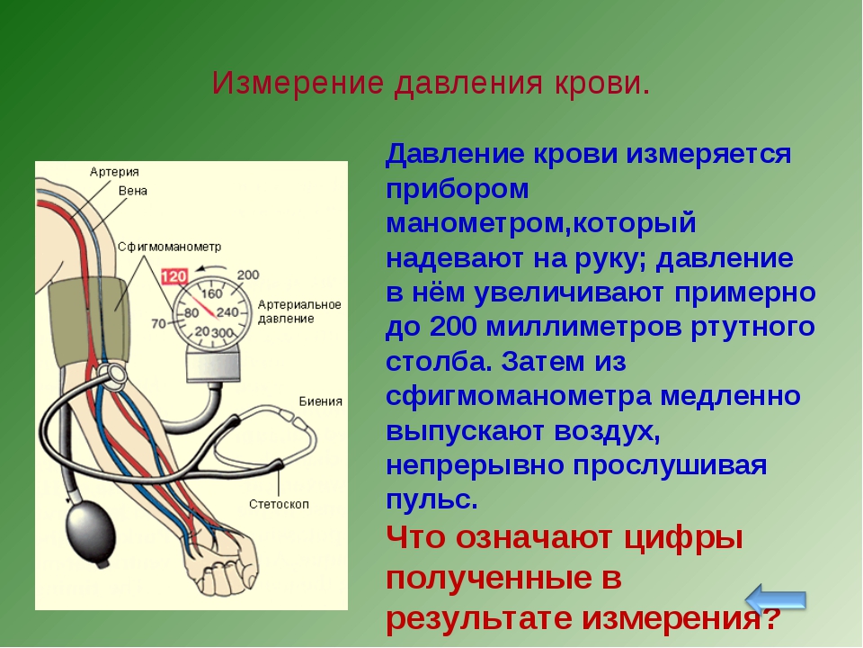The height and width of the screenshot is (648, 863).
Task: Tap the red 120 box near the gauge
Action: click(x=174, y=276)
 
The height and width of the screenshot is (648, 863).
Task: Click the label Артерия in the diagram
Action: click(x=114, y=172)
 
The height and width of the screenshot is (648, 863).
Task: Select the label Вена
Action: click(x=133, y=191)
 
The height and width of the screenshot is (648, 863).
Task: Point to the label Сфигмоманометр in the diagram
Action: click(x=170, y=247)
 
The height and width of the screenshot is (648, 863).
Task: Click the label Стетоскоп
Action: click(x=279, y=504)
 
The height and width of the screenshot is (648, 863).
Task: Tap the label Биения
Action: click(x=321, y=401)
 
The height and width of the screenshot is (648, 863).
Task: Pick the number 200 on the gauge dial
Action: click(x=248, y=275)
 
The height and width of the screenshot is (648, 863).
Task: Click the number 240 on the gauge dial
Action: click(x=227, y=312)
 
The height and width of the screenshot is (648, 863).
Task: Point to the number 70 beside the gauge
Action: click(x=158, y=323)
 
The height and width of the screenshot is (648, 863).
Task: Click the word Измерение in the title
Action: click(x=298, y=83)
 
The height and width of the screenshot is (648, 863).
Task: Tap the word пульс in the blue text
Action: click(x=428, y=500)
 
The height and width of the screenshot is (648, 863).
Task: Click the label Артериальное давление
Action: click(x=299, y=311)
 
